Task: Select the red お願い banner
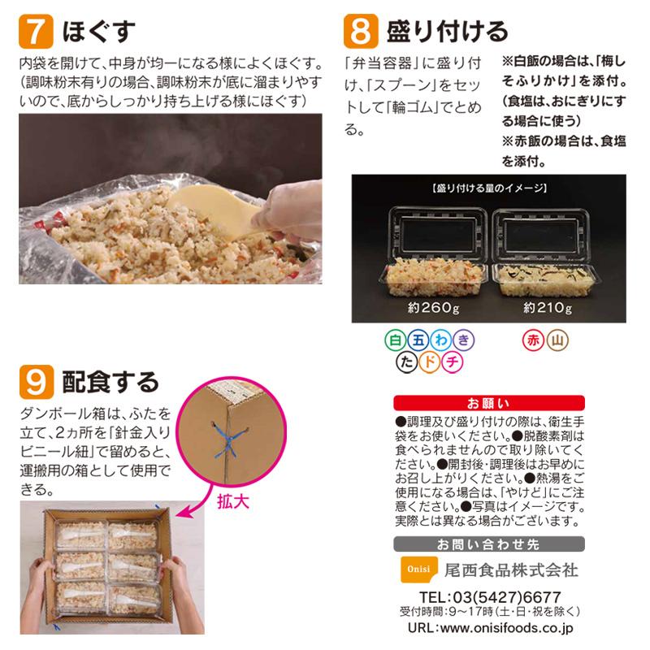488,402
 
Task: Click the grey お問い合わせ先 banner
488,544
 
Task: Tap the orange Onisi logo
414,570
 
